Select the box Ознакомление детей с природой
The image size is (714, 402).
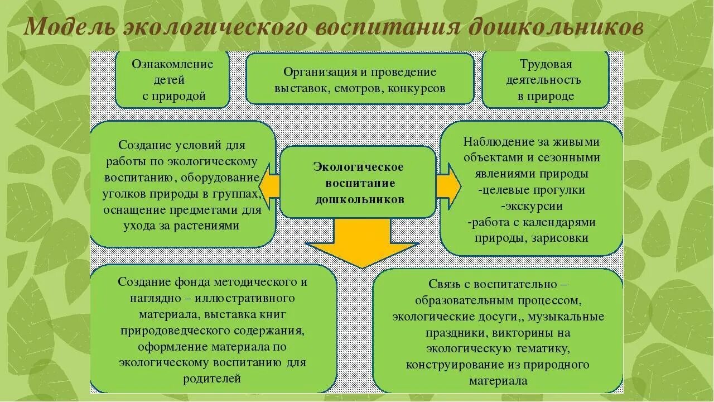point(172,79)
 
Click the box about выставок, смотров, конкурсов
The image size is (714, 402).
point(360,79)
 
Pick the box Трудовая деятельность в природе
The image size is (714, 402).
point(545,79)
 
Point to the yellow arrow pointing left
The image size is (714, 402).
point(268,183)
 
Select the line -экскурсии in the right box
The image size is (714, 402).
point(532,206)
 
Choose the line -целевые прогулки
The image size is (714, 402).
point(532,190)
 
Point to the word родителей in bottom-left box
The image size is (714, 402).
point(212,378)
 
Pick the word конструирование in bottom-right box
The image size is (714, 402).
point(454,365)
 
